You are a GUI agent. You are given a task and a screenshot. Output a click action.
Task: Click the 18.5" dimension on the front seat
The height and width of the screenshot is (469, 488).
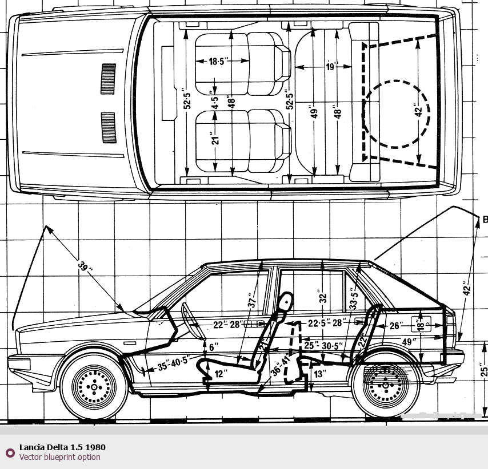[x=220, y=62]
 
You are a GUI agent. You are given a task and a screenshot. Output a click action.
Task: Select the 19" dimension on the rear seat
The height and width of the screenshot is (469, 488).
[x=332, y=67]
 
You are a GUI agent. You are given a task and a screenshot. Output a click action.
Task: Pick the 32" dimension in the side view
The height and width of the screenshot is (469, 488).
[x=323, y=297]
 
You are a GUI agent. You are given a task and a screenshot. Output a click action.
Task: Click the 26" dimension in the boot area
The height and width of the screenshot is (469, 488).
[x=396, y=326]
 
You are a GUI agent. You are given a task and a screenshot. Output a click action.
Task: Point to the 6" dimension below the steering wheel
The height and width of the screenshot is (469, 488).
[x=213, y=347]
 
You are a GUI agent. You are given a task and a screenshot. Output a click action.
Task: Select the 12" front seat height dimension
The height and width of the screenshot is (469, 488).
[x=221, y=373]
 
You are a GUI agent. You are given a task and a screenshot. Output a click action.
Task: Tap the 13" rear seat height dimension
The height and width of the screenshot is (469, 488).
[x=320, y=374]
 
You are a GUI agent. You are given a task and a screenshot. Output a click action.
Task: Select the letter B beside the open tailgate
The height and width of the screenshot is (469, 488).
[x=485, y=220]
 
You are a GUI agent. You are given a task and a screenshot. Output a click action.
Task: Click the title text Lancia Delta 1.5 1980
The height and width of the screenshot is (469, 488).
[x=62, y=447]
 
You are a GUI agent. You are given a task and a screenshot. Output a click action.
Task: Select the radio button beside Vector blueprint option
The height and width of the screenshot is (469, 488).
[x=10, y=452]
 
